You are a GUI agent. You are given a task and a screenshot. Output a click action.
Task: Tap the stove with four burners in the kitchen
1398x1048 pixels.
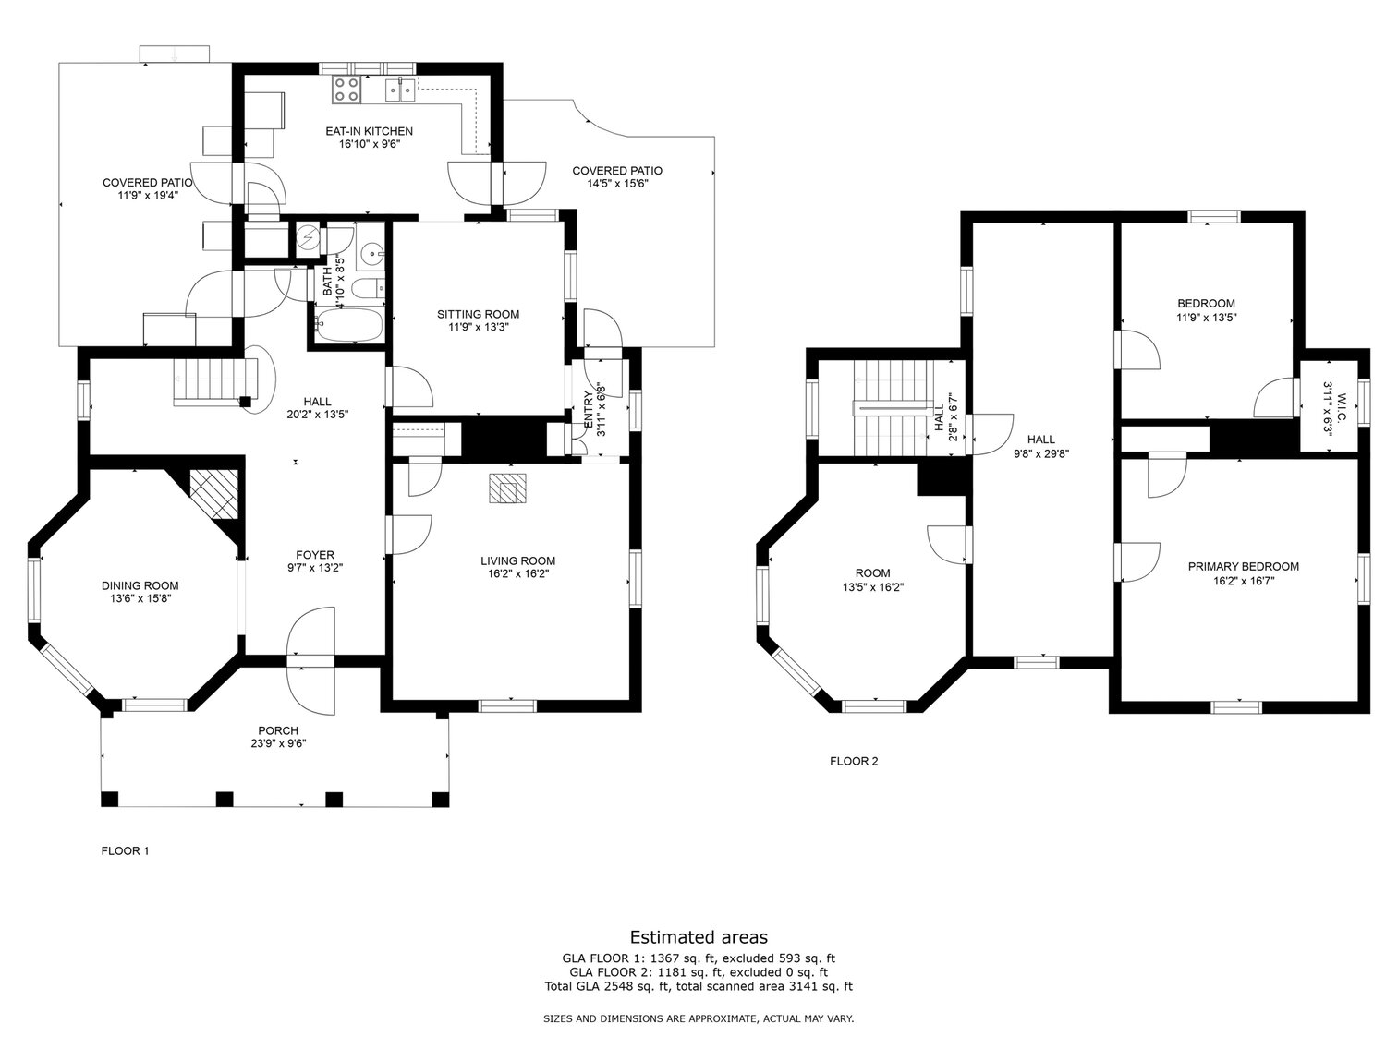(346, 90)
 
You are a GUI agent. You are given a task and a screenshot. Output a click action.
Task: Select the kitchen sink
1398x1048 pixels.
(400, 90)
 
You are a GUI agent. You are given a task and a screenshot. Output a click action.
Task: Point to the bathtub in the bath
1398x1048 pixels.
(348, 324)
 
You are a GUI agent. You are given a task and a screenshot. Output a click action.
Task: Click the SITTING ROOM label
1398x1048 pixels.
(478, 314)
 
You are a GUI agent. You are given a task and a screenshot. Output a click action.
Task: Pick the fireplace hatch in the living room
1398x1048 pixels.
(507, 488)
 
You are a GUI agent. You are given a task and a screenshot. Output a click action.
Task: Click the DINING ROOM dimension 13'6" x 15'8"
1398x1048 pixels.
(140, 598)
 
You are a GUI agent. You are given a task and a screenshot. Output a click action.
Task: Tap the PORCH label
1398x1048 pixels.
(278, 731)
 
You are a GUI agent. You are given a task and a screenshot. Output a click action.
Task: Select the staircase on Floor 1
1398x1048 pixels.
(212, 380)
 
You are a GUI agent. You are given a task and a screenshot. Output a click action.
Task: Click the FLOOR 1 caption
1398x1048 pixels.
(125, 851)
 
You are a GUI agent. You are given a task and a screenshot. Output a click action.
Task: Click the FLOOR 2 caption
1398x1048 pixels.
(854, 761)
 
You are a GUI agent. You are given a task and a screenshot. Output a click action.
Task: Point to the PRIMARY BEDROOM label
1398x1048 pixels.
(1243, 566)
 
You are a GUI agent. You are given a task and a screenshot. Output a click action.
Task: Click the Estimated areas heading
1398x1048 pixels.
(699, 938)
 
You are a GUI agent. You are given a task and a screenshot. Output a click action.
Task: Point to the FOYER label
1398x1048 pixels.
(310, 555)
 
